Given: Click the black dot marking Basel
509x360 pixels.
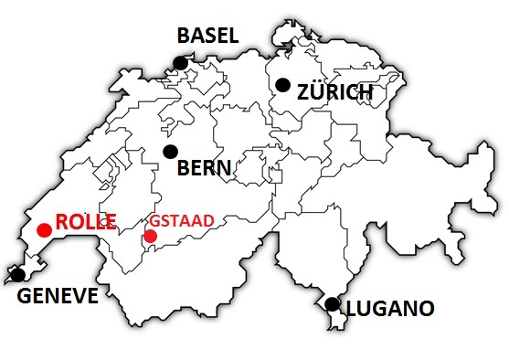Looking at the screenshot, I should point(181,62).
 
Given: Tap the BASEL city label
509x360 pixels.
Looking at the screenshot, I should point(207,37).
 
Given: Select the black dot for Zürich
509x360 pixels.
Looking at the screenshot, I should point(283,85).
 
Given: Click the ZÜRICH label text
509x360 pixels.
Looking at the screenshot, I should point(335,92).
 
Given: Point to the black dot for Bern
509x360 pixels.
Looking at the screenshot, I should point(170,151).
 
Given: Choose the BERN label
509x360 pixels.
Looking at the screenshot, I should point(204,169).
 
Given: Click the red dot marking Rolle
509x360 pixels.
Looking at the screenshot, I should point(43,229).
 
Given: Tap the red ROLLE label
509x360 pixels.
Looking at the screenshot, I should point(87,221).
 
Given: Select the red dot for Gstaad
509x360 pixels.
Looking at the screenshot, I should point(150,237).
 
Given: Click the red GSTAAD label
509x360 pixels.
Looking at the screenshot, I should point(182,221).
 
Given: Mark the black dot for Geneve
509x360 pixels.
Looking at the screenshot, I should point(17,274).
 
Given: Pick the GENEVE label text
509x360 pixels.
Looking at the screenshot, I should point(58,297).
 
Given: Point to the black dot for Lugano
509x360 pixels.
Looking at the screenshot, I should point(332,303).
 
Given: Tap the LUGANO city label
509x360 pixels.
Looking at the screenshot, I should point(389,309).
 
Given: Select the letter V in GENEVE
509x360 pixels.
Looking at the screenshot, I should point(79,297).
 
